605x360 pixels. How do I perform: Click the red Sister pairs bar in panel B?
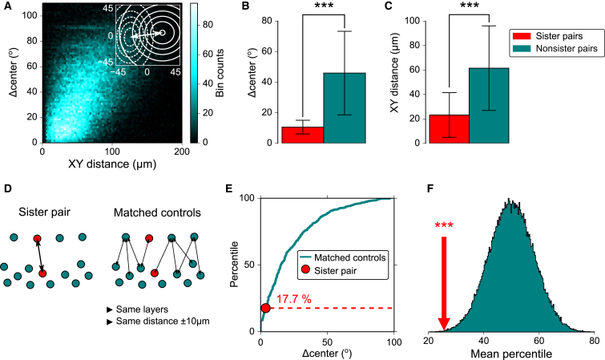302,134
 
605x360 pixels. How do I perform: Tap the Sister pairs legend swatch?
521,36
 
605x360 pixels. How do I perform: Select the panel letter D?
7,189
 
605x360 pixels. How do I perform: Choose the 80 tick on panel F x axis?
593,340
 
